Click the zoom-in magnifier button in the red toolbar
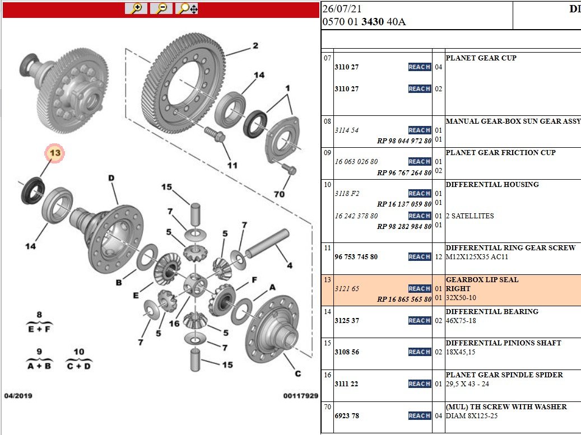point(136,8)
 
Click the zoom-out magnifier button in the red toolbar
point(161,8)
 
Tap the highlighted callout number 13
point(55,153)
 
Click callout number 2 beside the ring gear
point(255,45)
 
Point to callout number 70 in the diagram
point(279,194)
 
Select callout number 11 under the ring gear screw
point(233,165)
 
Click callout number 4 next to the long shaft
point(290,265)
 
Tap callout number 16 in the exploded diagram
point(174,324)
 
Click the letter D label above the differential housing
point(111,178)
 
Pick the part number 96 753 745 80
point(356,257)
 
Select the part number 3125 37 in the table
point(347,321)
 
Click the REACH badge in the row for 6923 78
point(420,416)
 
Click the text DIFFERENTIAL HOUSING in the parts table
point(492,184)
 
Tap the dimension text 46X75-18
point(461,321)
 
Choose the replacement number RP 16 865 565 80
point(405,299)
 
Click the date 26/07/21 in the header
point(342,9)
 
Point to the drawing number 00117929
point(300,396)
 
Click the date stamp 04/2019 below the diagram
point(18,396)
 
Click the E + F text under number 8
point(39,329)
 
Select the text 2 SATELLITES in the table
point(470,216)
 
